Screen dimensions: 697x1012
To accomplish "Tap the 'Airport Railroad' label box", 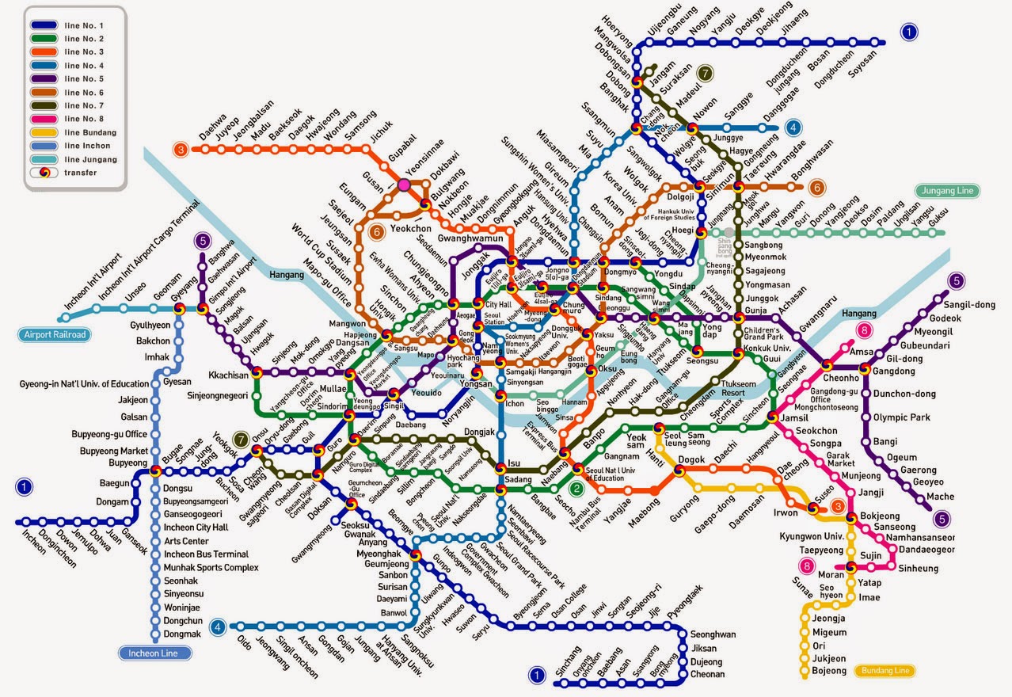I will pyautogui.click(x=52, y=335).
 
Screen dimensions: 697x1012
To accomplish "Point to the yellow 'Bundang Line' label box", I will pyautogui.click(x=886, y=671).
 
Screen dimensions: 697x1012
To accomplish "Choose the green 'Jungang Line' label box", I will pyautogui.click(x=947, y=191).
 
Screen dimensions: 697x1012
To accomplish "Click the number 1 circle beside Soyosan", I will pyautogui.click(x=910, y=32).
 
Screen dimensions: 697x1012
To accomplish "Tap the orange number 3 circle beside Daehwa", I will pyautogui.click(x=181, y=149).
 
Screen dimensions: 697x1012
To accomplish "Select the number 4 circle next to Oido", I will pyautogui.click(x=219, y=627).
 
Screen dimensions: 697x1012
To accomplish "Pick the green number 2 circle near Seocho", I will pyautogui.click(x=577, y=489).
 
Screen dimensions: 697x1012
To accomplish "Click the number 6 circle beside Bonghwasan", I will pyautogui.click(x=817, y=188).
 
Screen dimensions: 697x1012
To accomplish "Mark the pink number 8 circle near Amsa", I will pyautogui.click(x=866, y=330).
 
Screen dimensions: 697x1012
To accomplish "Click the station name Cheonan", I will pyautogui.click(x=707, y=675).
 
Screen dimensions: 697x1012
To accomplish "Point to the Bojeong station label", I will pyautogui.click(x=829, y=672).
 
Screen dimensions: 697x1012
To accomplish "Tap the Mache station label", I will pyautogui.click(x=940, y=497).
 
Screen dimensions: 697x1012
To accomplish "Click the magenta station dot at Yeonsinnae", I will pyautogui.click(x=404, y=185).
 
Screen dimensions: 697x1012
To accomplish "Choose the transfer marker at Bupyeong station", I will pyautogui.click(x=156, y=470).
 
